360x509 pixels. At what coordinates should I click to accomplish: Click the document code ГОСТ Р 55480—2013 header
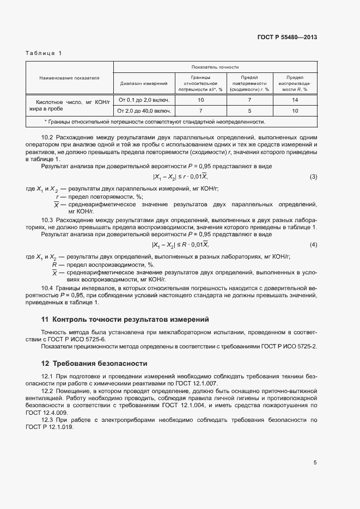286,38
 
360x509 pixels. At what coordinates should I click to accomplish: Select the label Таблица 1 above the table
44,53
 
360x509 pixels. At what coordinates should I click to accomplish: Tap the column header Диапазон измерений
144,83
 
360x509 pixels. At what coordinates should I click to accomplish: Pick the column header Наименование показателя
69,78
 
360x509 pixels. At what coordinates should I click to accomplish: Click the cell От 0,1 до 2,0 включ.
144,100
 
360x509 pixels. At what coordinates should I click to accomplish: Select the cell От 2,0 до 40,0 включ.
144,111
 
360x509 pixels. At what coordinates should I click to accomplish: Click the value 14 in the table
295,100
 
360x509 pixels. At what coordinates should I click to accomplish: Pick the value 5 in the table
248,111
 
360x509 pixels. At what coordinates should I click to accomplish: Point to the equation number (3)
313,177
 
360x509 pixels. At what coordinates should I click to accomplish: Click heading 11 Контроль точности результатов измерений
125,319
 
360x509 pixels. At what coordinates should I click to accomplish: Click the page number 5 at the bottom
315,463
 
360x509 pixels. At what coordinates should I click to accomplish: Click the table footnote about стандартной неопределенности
155,122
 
